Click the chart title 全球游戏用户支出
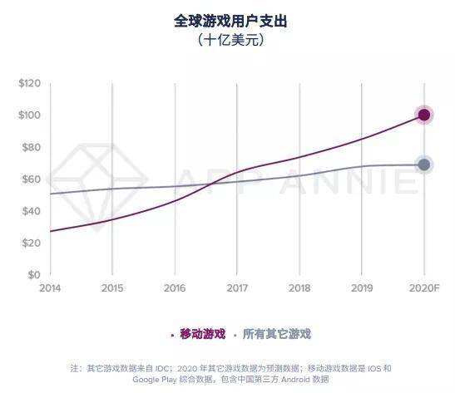(x=228, y=19)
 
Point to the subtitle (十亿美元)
(x=228, y=39)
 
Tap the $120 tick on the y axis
(x=30, y=83)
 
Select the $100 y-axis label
(x=30, y=115)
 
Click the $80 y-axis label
(x=31, y=147)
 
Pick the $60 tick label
(x=31, y=179)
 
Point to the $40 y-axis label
(x=31, y=211)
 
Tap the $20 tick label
(x=31, y=243)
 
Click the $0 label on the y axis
(x=34, y=275)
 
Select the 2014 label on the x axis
(x=50, y=288)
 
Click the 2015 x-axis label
(x=112, y=288)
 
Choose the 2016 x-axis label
(x=175, y=288)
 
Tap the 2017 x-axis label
(x=237, y=288)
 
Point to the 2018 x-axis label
(x=299, y=288)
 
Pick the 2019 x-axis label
(x=362, y=288)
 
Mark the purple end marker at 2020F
(x=424, y=115)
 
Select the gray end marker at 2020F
(x=424, y=165)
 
